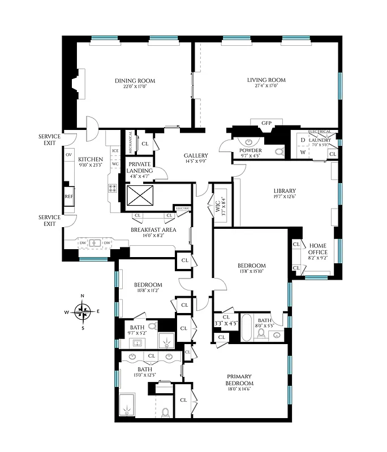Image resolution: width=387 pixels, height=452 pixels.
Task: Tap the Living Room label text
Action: point(266,80)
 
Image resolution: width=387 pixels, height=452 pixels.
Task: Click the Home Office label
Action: point(317,249)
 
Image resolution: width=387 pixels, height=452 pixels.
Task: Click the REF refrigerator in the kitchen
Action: point(68,197)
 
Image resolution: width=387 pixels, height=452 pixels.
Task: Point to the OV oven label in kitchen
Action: point(68,154)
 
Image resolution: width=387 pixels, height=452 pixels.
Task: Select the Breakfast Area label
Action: point(153,229)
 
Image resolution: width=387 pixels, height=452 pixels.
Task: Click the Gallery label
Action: point(196,156)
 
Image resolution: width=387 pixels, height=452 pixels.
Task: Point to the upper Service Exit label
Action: point(49,140)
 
